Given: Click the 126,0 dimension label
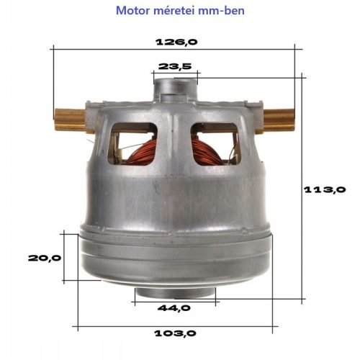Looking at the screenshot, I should [x=176, y=41].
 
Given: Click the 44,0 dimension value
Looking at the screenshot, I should [x=175, y=308].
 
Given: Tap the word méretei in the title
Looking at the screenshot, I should [x=175, y=12].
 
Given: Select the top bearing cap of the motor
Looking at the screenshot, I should [x=175, y=88].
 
